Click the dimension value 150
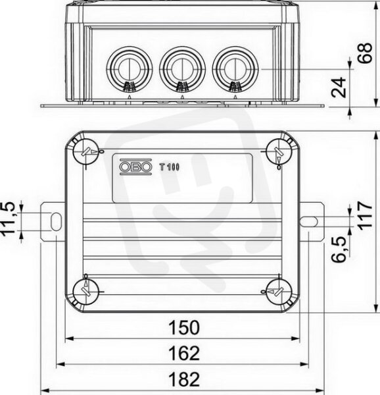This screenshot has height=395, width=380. [x=184, y=327]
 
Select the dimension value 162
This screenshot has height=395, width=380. [x=184, y=353]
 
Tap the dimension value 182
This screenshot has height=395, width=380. [x=184, y=379]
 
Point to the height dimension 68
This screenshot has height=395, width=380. [x=365, y=53]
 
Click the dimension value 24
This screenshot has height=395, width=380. [x=339, y=88]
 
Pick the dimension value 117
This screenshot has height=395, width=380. [x=365, y=215]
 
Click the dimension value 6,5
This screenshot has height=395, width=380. [x=339, y=250]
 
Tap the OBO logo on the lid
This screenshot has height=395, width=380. [x=135, y=167]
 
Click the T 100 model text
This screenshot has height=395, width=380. [x=169, y=167]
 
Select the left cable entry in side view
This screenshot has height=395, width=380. [x=130, y=68]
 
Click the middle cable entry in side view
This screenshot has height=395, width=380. [x=182, y=68]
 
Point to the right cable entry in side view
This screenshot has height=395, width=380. [x=235, y=68]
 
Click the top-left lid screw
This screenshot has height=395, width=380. [x=85, y=151]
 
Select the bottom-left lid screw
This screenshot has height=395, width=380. [x=85, y=292]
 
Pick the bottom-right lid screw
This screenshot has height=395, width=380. [x=278, y=292]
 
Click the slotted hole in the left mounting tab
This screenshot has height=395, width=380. [x=56, y=221]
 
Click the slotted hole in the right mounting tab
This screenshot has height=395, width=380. [x=309, y=221]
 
